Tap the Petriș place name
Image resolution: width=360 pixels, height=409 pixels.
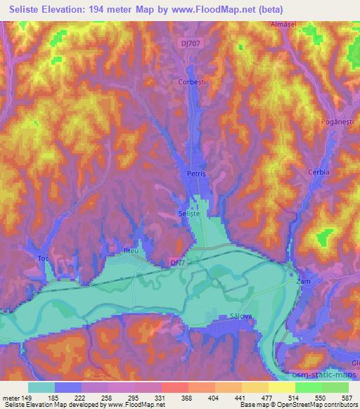195,171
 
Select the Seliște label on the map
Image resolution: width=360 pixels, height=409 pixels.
190,213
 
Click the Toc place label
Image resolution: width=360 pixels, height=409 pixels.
44,259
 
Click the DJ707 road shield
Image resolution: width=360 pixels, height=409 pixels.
188,44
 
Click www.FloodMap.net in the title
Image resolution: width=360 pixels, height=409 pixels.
215,8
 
